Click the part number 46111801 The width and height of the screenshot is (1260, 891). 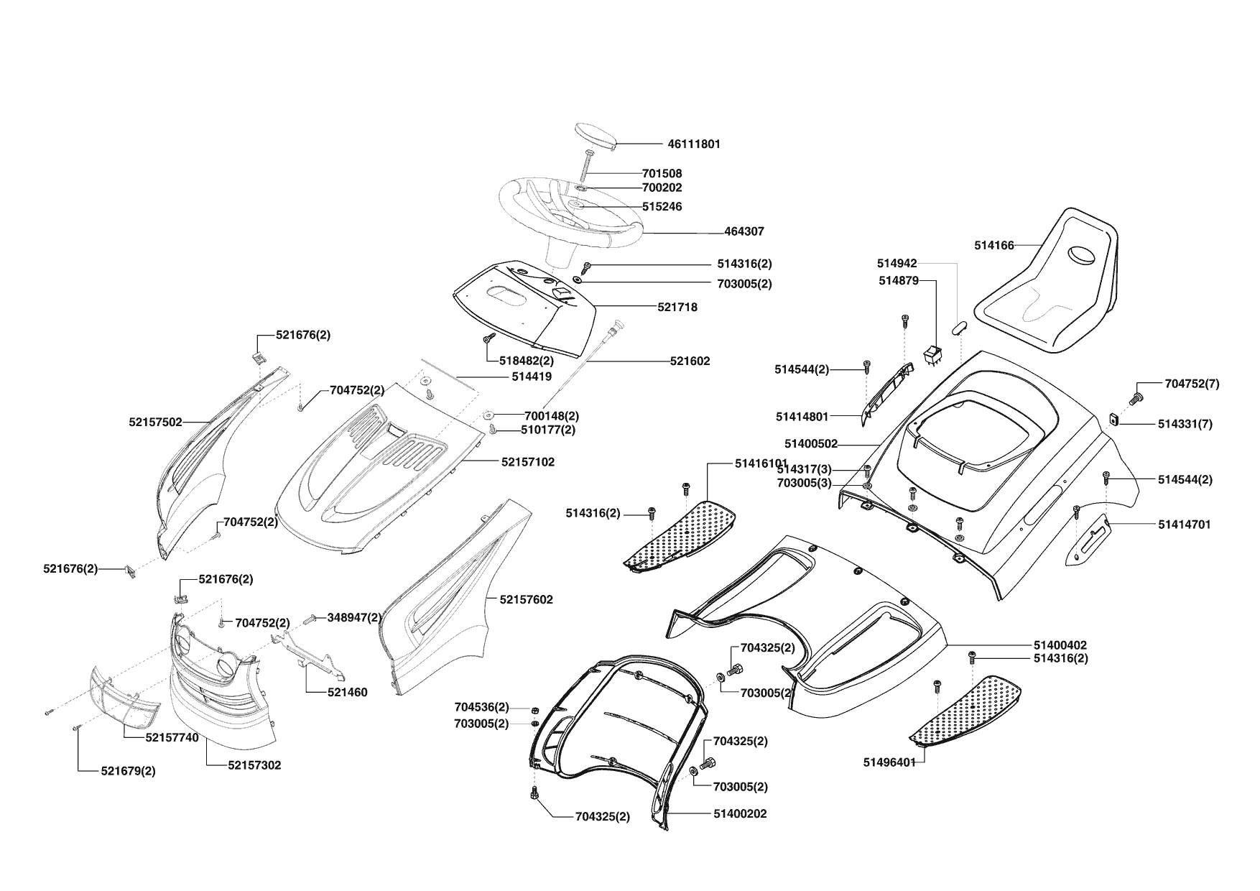click(693, 144)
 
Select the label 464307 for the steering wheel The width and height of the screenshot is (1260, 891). click(744, 232)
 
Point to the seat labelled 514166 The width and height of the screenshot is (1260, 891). click(1049, 287)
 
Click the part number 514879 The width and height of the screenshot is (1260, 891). click(898, 281)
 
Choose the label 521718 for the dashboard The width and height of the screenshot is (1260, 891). click(677, 308)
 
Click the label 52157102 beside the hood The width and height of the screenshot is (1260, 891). click(528, 462)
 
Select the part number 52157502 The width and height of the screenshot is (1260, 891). click(156, 423)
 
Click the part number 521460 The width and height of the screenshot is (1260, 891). click(348, 693)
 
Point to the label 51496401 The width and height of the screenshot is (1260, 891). click(889, 762)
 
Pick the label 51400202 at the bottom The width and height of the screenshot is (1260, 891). click(740, 814)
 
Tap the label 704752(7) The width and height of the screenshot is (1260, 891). click(1192, 384)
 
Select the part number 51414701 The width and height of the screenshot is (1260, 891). click(1184, 525)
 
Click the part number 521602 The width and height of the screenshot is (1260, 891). click(690, 361)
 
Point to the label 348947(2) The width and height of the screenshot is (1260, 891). click(355, 617)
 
